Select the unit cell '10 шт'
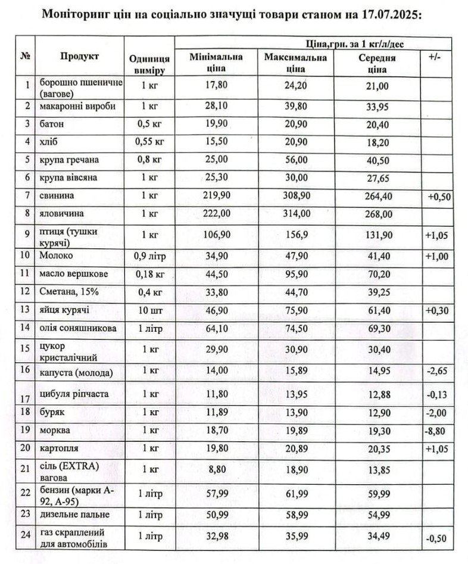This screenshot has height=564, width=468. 149,310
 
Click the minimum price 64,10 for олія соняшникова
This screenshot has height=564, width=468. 215,328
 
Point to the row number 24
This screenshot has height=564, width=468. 25,534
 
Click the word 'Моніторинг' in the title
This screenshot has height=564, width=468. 74,14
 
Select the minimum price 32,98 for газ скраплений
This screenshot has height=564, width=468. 215,535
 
